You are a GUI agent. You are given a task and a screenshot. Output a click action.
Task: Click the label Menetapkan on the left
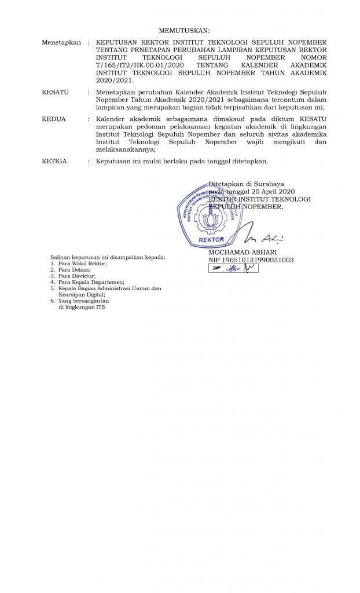tap(61, 43)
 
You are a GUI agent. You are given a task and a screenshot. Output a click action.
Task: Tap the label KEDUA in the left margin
tap(54, 119)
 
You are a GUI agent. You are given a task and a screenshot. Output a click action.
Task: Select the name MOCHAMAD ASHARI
tap(243, 252)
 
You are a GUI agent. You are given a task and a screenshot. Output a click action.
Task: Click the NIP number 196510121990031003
tap(251, 260)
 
